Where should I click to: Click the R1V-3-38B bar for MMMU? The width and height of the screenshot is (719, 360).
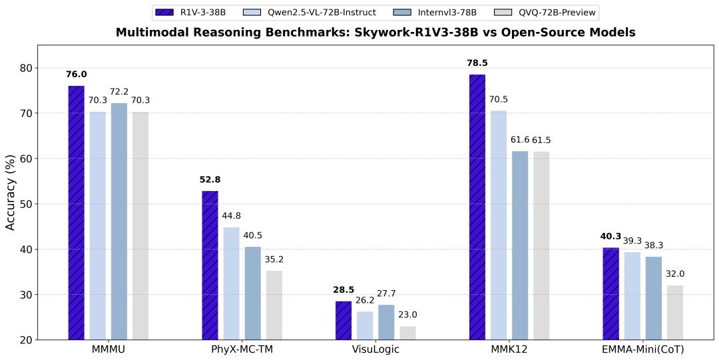click(x=76, y=213)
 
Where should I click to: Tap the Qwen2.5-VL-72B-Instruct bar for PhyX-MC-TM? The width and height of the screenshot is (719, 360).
click(x=231, y=283)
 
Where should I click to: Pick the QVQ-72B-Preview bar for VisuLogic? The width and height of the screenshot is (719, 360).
click(x=407, y=333)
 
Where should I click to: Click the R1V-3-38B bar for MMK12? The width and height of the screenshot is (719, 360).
click(x=477, y=207)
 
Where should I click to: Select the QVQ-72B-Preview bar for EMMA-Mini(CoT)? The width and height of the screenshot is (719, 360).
click(x=675, y=313)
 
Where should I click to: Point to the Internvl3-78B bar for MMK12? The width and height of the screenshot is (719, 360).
click(x=520, y=246)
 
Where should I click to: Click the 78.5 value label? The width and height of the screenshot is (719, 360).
click(x=477, y=63)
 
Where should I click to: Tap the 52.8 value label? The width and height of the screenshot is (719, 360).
click(x=210, y=179)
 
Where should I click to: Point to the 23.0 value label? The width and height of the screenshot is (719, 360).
click(x=407, y=315)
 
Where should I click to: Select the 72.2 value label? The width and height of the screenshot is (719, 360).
click(x=119, y=91)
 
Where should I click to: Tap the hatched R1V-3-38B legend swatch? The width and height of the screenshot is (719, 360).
click(x=164, y=12)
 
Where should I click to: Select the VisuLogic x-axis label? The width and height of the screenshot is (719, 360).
click(x=375, y=349)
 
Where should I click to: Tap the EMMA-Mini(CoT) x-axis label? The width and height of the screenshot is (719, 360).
click(x=642, y=349)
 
